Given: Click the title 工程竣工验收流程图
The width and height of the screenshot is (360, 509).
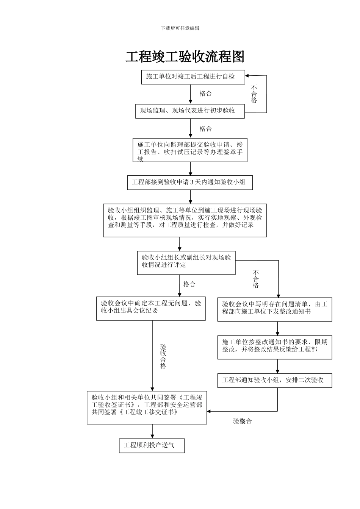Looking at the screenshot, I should pyautogui.click(x=185, y=57).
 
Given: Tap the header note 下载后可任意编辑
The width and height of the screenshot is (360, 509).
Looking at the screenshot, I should pyautogui.click(x=180, y=28).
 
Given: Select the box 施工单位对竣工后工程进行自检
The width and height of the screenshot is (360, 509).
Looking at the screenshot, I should pyautogui.click(x=193, y=77).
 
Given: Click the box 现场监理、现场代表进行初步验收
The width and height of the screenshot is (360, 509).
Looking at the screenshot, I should pyautogui.click(x=190, y=111).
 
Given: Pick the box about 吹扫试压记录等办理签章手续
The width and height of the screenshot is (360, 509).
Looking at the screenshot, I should pyautogui.click(x=190, y=150).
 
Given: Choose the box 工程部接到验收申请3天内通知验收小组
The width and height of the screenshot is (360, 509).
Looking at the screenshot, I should pyautogui.click(x=190, y=182).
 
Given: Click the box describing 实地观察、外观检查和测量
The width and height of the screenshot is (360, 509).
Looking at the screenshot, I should pyautogui.click(x=185, y=220).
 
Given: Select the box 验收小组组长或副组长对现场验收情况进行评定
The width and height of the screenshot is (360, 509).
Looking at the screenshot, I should pyautogui.click(x=186, y=262).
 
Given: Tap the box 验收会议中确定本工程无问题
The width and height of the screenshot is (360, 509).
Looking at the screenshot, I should pyautogui.click(x=151, y=308).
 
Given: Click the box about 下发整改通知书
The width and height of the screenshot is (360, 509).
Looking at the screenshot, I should pyautogui.click(x=274, y=309).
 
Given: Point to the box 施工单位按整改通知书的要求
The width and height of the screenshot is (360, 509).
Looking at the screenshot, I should pyautogui.click(x=274, y=347).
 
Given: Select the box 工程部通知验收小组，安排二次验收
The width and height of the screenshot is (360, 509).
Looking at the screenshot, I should pyautogui.click(x=274, y=380).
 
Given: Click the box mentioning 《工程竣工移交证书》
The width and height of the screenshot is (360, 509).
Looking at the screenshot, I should pyautogui.click(x=147, y=408).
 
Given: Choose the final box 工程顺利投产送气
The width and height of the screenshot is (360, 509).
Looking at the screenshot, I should pyautogui.click(x=152, y=445).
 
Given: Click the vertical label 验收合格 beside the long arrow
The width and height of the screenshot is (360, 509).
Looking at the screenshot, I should pyautogui.click(x=163, y=356).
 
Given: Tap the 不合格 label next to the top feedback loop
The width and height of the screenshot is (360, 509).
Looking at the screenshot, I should pyautogui.click(x=254, y=94).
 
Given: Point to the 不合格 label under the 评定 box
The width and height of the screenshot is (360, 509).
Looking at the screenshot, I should pyautogui.click(x=256, y=279).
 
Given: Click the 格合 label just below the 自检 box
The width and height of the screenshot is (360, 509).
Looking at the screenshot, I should pyautogui.click(x=206, y=94).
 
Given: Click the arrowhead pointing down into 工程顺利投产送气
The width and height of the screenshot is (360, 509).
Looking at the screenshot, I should pyautogui.click(x=152, y=436).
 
